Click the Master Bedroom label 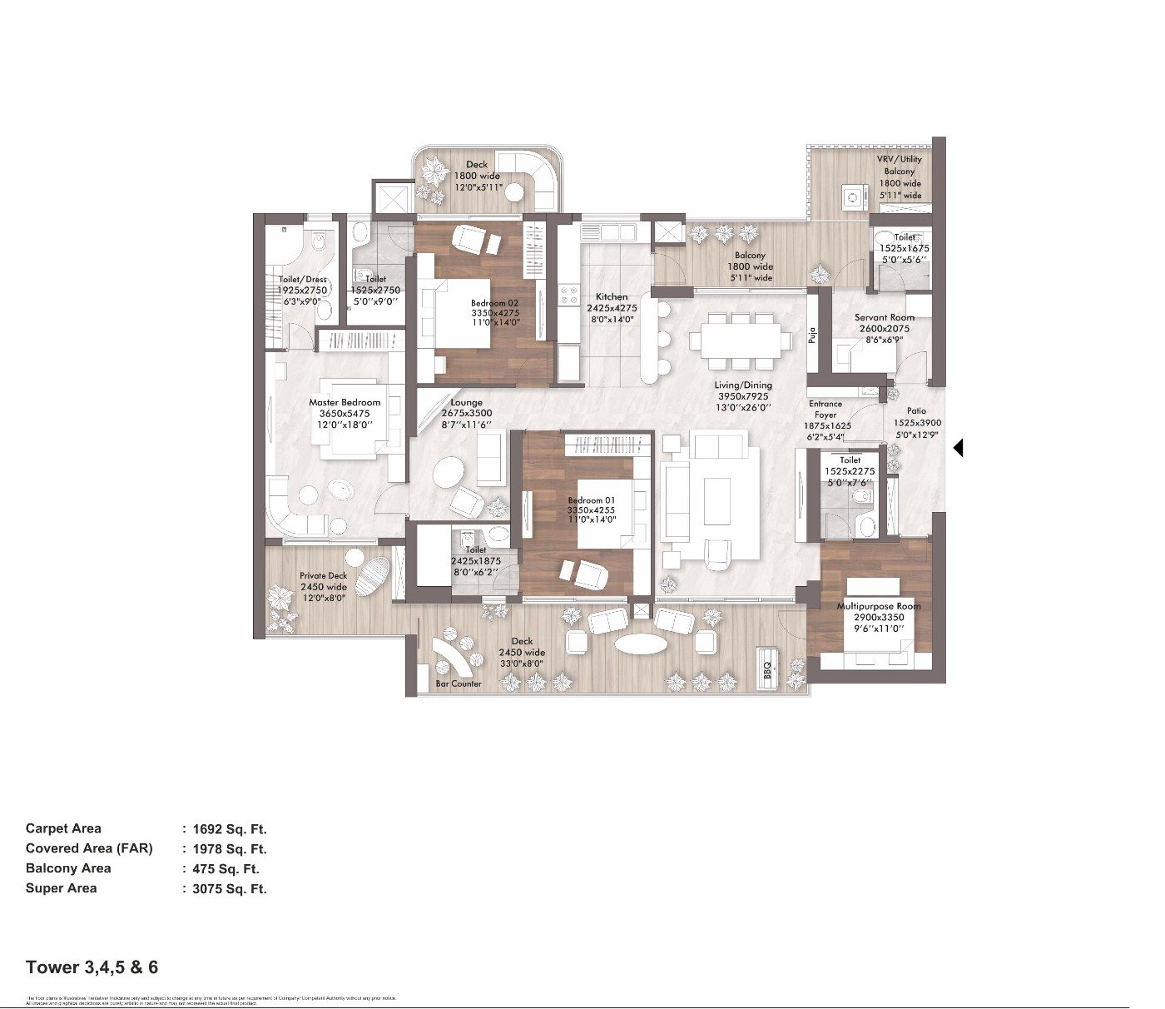tap(345, 403)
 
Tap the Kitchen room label tap(612, 297)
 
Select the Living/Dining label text tap(743, 385)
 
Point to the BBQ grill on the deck tap(768, 670)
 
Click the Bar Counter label tap(459, 683)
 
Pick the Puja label tap(813, 336)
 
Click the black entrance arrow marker tap(958, 448)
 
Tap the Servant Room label tap(884, 318)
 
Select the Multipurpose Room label tap(879, 606)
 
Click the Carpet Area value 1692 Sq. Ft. tap(229, 829)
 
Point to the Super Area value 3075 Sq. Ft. tap(229, 889)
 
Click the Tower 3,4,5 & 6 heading tap(92, 967)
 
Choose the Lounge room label tap(466, 403)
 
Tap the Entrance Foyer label tap(825, 409)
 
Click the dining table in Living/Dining tap(741, 340)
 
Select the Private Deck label tap(324, 576)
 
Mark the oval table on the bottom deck tap(640, 645)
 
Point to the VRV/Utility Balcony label tap(900, 165)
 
